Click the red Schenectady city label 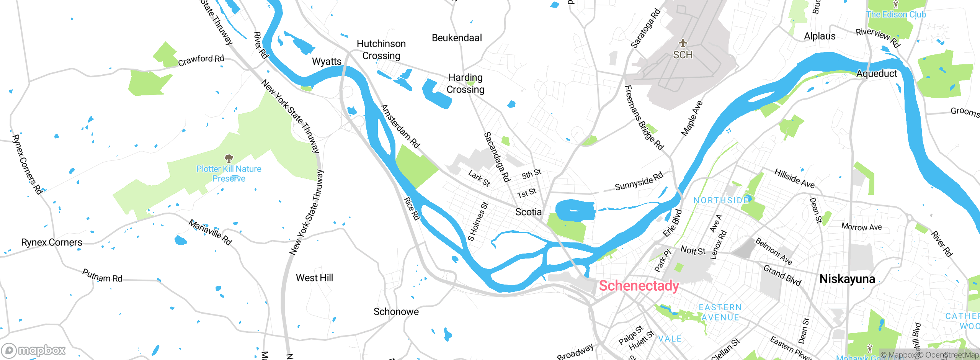coord(639,286)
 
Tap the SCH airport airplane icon coord(683,43)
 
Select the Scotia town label coord(528,212)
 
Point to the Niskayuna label coord(847,279)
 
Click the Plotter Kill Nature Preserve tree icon coord(229,158)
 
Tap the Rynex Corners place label coord(52,242)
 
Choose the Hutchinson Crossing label coord(381,50)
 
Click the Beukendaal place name coord(457,38)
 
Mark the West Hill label coord(314,278)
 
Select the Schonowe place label coord(396,312)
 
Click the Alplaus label coord(820,36)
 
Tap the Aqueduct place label coord(876,74)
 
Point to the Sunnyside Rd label coord(639,182)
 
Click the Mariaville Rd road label coord(210,232)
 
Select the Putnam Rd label coord(102,276)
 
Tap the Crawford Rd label coord(201,60)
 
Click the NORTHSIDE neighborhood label coord(721,200)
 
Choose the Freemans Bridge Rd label coord(644,118)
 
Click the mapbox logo coord(34,350)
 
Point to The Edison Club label coord(896,15)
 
